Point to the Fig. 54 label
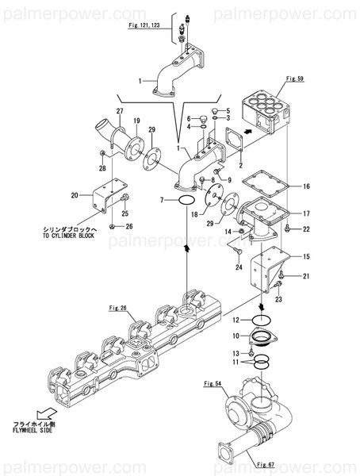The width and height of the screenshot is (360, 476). (212, 384)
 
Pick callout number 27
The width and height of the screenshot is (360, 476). (121, 110)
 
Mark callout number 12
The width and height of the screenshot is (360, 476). (236, 320)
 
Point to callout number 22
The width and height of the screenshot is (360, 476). (306, 229)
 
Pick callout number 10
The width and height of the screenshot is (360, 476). (236, 337)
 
